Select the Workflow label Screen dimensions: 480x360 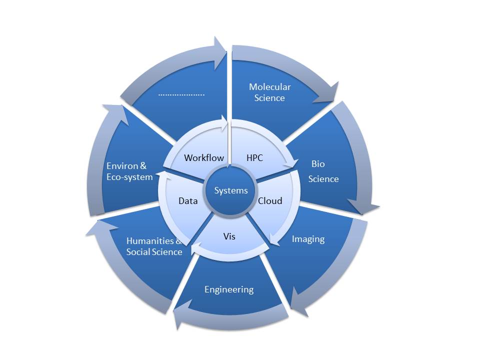(204, 157)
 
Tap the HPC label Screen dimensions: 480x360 (254, 157)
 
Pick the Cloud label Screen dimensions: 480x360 (270, 201)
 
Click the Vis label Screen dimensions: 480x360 (229, 236)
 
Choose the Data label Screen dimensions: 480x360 (188, 201)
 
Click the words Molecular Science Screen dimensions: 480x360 (269, 92)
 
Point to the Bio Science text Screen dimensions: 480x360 (323, 171)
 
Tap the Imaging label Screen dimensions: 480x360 (308, 239)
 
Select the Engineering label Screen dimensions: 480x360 (229, 289)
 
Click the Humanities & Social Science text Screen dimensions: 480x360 (154, 246)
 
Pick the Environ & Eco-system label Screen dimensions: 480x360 (129, 171)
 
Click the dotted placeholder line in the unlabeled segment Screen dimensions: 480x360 (181, 95)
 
